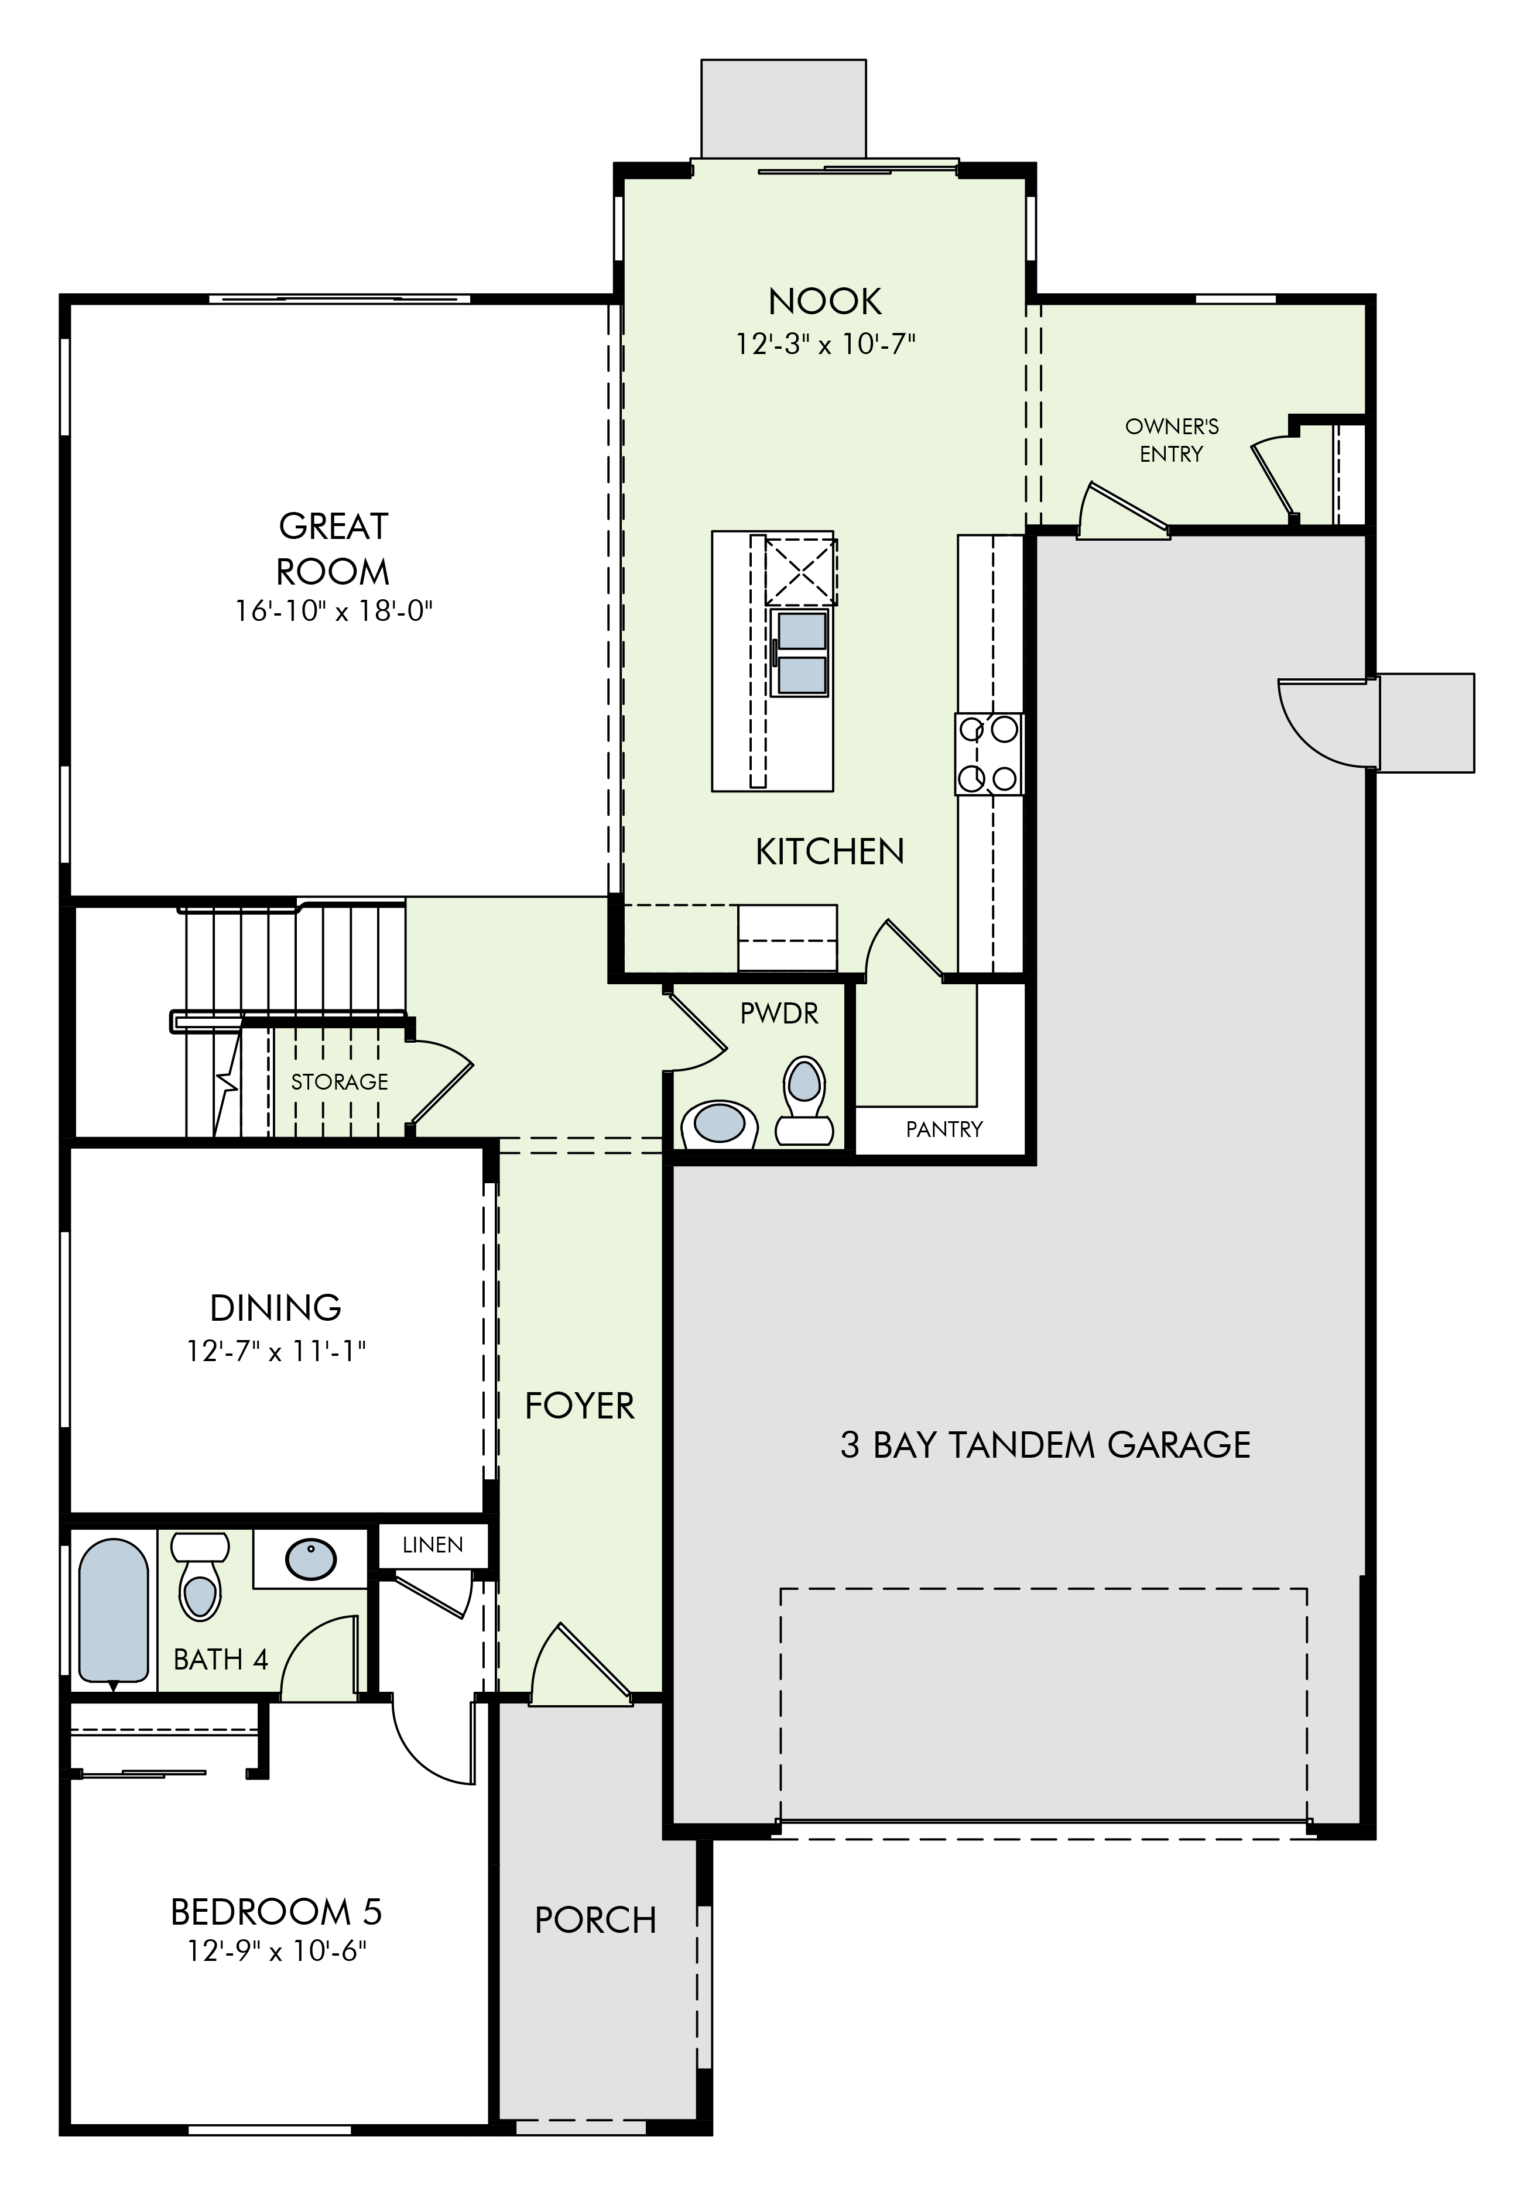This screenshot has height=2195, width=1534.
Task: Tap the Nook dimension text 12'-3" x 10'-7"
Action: tap(826, 344)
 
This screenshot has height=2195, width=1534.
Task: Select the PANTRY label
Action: tap(944, 1129)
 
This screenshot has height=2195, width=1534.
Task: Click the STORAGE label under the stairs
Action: tap(340, 1081)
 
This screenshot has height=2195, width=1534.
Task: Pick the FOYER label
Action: tap(580, 1406)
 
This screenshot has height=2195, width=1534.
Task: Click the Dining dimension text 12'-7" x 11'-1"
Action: tap(276, 1351)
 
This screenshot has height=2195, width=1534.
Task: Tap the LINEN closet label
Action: tap(432, 1545)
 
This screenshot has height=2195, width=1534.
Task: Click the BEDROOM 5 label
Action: tap(276, 1912)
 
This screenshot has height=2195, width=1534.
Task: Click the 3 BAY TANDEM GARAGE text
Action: tap(1045, 1445)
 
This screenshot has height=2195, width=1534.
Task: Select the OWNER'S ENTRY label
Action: tap(1172, 440)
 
